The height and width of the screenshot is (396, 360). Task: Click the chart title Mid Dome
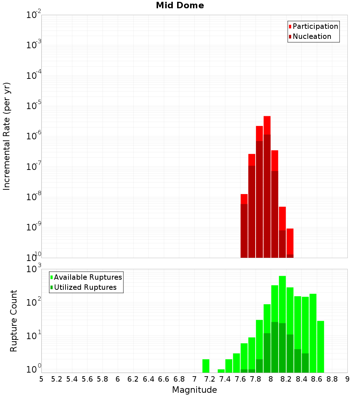click(x=180, y=5)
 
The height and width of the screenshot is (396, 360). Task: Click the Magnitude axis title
click(x=194, y=390)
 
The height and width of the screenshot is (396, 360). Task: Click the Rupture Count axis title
click(x=14, y=320)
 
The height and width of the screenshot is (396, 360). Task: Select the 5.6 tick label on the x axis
click(x=87, y=379)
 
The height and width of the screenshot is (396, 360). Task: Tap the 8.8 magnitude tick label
click(x=332, y=379)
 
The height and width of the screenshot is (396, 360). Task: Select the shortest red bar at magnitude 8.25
click(x=290, y=241)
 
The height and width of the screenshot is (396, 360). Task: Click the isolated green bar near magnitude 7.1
click(x=206, y=366)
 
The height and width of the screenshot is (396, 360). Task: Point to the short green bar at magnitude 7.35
click(x=221, y=371)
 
